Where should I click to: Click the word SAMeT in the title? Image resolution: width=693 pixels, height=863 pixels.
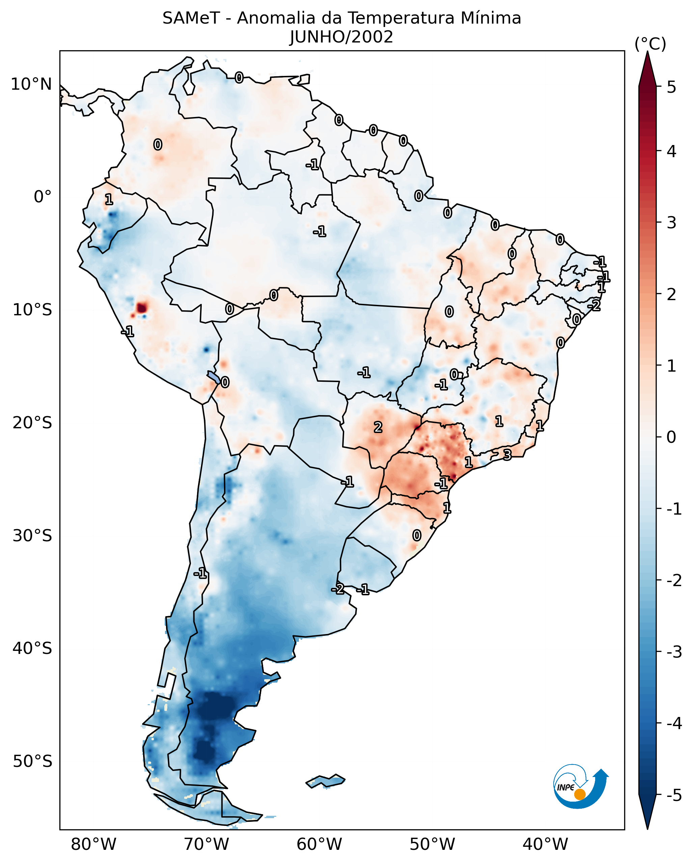pyautogui.click(x=191, y=19)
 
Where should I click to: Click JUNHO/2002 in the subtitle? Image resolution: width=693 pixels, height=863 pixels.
pyautogui.click(x=341, y=37)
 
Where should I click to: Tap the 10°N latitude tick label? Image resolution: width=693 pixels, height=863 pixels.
pyautogui.click(x=31, y=84)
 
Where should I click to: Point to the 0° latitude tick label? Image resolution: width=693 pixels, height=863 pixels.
pyautogui.click(x=43, y=197)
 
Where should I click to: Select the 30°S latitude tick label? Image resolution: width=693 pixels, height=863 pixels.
pyautogui.click(x=32, y=536)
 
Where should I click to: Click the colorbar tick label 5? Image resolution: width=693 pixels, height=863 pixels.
pyautogui.click(x=671, y=87)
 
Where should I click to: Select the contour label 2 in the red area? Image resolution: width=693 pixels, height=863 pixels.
pyautogui.click(x=378, y=428)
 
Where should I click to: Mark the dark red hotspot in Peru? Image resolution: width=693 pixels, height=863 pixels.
pyautogui.click(x=142, y=308)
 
